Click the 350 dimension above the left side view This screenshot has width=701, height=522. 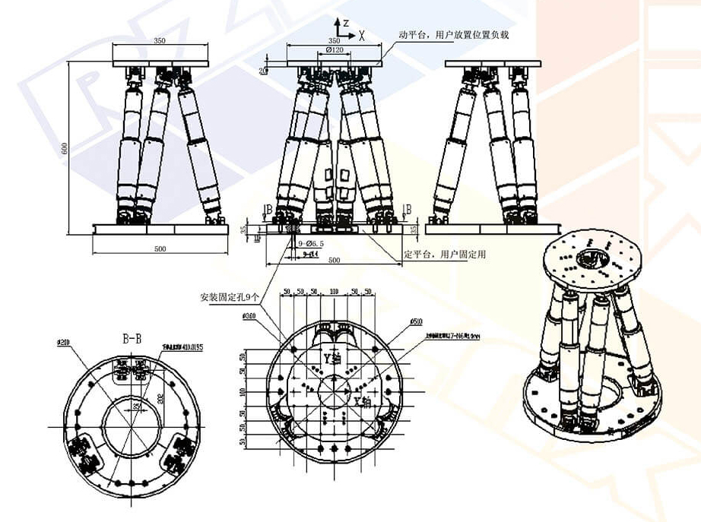coord(159,40)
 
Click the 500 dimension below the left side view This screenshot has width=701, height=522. coord(160,248)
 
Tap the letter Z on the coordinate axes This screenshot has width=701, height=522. coord(346,23)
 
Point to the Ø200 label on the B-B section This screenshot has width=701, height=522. coord(63,343)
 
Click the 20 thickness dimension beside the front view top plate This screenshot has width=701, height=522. coord(263,71)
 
